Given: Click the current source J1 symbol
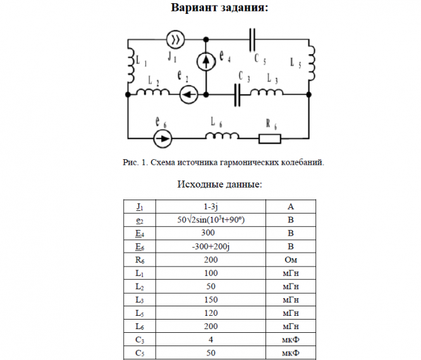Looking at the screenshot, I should coord(175,40).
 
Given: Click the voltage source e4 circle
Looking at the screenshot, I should coord(205,61).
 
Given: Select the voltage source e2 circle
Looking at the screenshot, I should coord(188,95).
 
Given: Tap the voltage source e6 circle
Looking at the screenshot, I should coord(162,137).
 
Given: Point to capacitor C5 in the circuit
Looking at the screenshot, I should coord(253,40).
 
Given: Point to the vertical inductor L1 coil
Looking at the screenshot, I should coord(130,63).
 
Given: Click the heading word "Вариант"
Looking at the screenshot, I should coord(194,8).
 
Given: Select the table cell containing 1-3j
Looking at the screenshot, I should coord(210,207).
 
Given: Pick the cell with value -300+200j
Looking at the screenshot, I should coord(210,246).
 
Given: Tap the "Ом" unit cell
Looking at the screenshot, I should coord(290,260).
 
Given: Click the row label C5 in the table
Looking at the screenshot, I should coord(140,352).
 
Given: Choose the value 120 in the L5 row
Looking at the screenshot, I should coord(210,313).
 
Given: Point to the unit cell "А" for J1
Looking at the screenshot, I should coord(290,207).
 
